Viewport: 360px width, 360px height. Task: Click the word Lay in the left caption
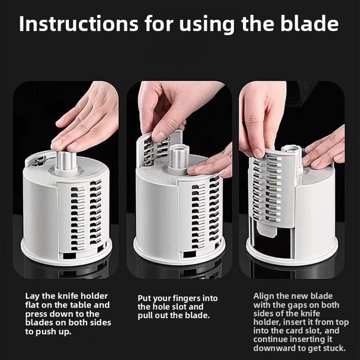[32, 296]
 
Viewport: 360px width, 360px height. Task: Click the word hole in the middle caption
[161, 307]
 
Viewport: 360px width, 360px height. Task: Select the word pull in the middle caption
[146, 316]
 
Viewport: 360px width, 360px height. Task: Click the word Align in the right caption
[265, 296]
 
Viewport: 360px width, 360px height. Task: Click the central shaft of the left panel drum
[66, 162]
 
